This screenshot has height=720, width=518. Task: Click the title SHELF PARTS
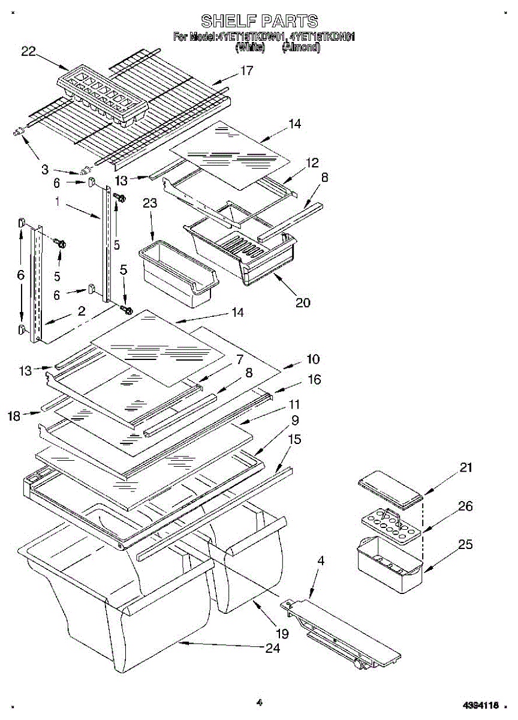[259, 22]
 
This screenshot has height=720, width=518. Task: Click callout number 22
[29, 52]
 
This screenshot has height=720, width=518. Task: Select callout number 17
[246, 71]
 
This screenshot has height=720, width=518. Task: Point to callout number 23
[150, 203]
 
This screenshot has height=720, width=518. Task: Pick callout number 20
[303, 302]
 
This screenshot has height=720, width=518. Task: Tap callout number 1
[58, 203]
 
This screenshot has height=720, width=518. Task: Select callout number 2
[82, 311]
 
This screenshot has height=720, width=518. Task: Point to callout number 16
[314, 379]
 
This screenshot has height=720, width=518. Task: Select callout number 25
[466, 545]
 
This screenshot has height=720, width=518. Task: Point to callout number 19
[282, 633]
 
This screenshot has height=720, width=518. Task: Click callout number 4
[321, 561]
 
